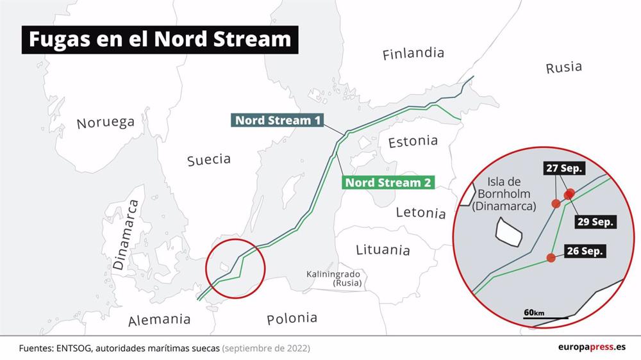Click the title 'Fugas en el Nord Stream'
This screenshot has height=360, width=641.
tap(160, 40)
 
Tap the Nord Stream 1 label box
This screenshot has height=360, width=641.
tap(278, 120)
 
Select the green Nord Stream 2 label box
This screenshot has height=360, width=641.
tap(388, 182)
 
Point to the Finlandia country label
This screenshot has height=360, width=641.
tap(413, 54)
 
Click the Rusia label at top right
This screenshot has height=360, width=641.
tap(563, 67)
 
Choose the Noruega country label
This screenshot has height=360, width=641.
tap(105, 122)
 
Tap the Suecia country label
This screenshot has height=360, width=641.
tap(208, 160)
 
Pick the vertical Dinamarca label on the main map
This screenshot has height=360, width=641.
tap(126, 234)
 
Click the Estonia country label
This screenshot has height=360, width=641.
tap(413, 141)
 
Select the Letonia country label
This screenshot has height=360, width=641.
tap(420, 213)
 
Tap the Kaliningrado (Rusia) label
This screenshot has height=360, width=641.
tap(333, 278)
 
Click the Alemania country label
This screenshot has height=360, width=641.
tap(159, 320)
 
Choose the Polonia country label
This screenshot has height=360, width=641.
tap(292, 318)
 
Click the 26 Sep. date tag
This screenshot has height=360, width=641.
tap(585, 251)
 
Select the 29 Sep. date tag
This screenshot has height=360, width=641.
tap(595, 222)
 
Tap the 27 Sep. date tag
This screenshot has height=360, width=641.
tap(564, 168)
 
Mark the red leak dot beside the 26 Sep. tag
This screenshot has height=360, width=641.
tap(551, 258)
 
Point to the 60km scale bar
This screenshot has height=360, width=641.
tap(545, 316)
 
